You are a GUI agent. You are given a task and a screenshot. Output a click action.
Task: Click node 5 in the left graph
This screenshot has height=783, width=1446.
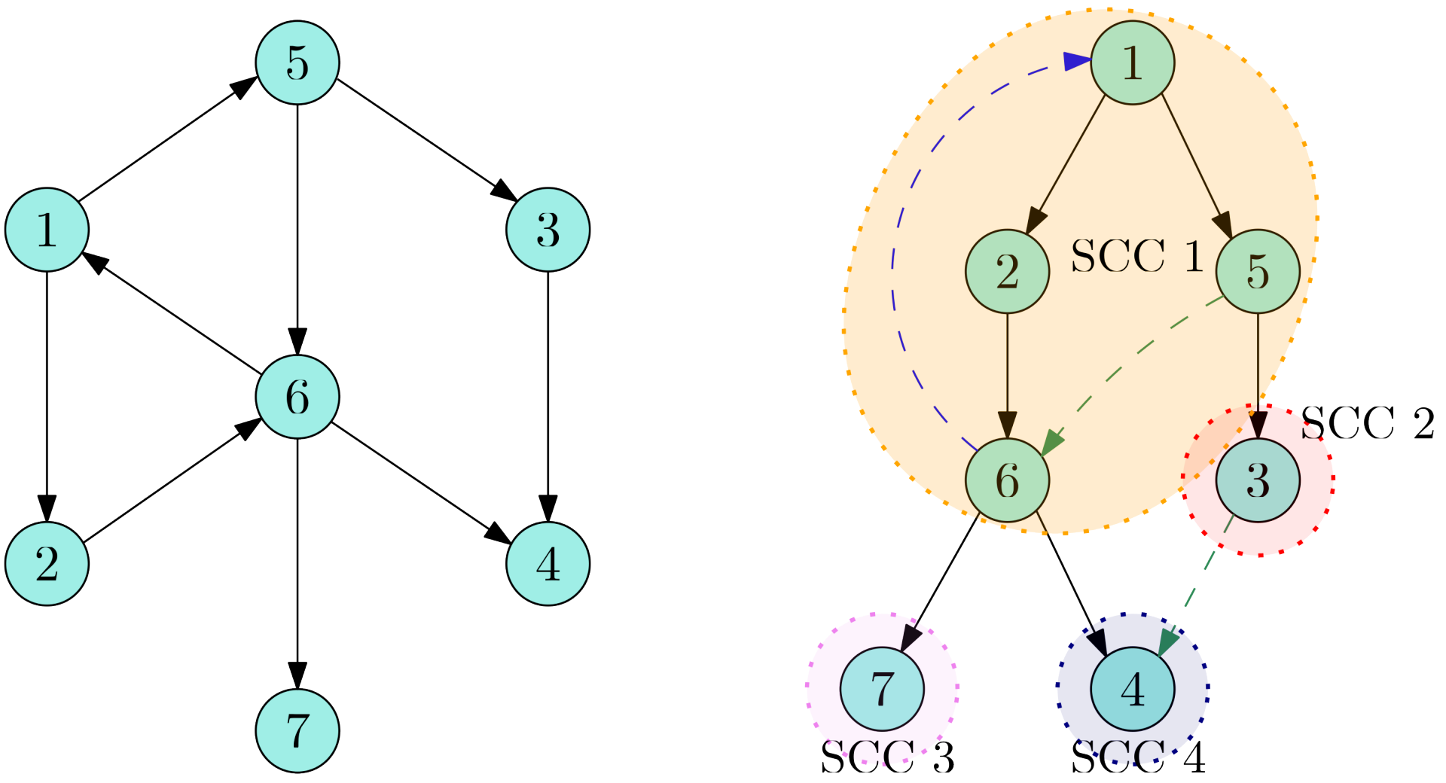click(x=297, y=62)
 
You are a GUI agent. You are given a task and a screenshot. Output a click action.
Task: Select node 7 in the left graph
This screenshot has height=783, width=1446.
click(x=297, y=730)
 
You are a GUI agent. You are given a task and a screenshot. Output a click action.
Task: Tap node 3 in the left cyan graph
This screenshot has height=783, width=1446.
click(x=548, y=230)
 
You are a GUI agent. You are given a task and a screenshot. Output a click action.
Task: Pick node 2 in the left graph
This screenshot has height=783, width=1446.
click(x=47, y=563)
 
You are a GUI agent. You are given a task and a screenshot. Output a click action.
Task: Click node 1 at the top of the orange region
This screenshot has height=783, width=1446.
click(x=1132, y=62)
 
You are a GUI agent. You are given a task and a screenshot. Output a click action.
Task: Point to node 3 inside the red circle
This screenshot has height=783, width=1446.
click(x=1258, y=480)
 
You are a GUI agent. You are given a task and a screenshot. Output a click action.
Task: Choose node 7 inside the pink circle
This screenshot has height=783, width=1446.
click(x=881, y=688)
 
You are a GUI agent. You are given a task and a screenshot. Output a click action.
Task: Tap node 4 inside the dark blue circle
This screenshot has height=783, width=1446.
click(x=1132, y=688)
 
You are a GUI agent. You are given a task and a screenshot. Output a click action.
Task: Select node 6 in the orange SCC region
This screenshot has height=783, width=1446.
click(x=1007, y=480)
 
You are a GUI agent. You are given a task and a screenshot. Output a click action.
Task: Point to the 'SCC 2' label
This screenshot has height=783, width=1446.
click(x=1367, y=423)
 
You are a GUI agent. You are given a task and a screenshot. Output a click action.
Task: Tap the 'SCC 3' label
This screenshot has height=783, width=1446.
click(x=886, y=758)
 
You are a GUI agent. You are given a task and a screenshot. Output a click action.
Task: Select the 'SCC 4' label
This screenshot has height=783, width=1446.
click(x=1137, y=758)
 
